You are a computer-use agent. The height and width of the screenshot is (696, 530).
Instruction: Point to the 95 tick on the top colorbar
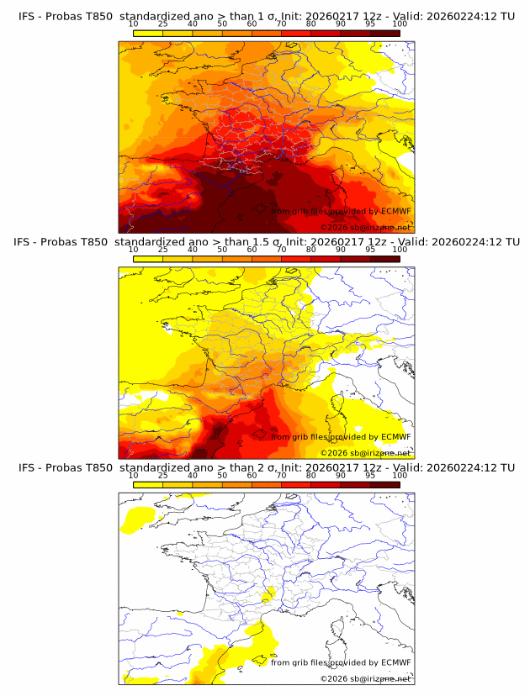[x=370, y=24]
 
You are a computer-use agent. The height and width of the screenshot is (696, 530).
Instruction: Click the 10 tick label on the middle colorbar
[x=133, y=250]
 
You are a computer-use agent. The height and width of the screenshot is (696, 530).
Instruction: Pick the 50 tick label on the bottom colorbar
[x=222, y=475]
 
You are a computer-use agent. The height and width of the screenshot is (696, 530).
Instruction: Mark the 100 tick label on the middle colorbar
[x=400, y=250]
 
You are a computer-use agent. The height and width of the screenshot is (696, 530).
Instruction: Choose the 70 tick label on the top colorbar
[x=281, y=24]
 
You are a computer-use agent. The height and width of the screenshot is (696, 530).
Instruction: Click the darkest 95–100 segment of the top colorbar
[x=384, y=33]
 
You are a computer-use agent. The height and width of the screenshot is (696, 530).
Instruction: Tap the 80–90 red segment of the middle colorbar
[x=326, y=258]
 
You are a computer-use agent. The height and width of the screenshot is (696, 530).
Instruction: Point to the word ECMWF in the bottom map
[x=395, y=662]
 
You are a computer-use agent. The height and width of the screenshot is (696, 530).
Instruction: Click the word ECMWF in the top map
[x=395, y=212]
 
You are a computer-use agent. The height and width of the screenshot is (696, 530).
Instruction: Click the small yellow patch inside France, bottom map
[x=268, y=596]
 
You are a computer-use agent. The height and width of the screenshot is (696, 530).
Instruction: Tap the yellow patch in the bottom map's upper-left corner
[x=136, y=519]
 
